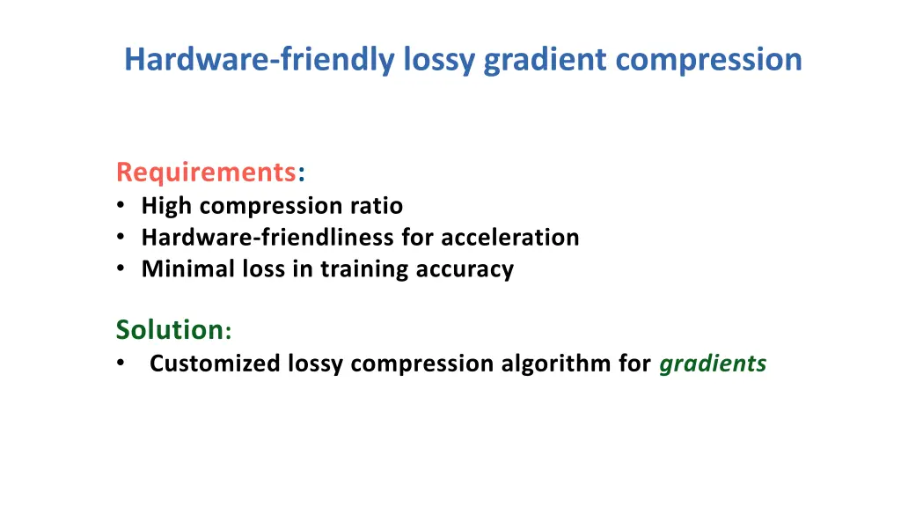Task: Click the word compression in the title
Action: (x=708, y=60)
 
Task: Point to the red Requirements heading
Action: (x=206, y=171)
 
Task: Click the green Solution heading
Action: (x=170, y=330)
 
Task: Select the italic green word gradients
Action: (x=713, y=364)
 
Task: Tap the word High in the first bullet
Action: (x=168, y=206)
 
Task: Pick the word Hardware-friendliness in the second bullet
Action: (x=268, y=238)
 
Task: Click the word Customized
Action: (x=216, y=364)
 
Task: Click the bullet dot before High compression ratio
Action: (x=120, y=207)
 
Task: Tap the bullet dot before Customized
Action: (x=120, y=364)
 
